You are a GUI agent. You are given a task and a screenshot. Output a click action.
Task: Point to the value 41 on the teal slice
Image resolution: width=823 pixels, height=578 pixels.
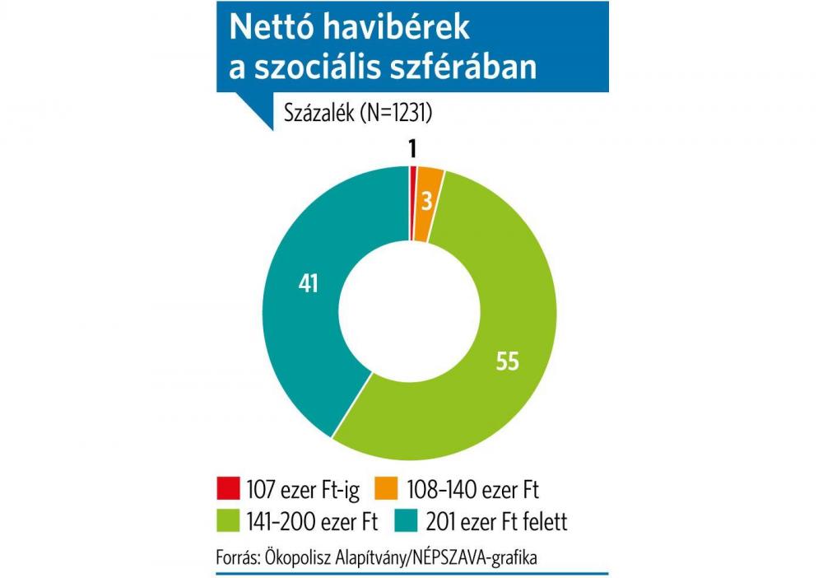(x=307, y=283)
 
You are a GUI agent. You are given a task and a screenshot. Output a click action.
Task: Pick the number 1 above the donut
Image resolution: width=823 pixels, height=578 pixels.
(x=412, y=147)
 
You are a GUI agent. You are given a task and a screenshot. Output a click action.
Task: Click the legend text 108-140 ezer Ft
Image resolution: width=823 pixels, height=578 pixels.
(x=473, y=489)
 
